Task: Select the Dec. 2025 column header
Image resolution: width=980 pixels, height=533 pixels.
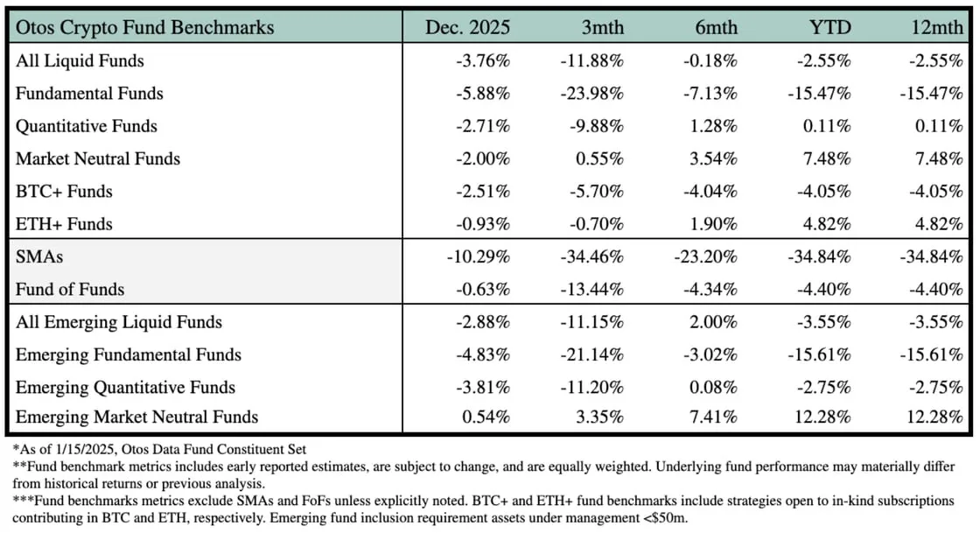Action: point(468,27)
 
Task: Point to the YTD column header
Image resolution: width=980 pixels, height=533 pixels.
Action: point(829,27)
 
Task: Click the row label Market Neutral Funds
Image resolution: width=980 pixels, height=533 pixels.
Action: point(98,158)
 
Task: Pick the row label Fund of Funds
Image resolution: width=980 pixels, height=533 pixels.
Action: point(70,289)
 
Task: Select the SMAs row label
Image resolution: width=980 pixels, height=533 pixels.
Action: point(38,256)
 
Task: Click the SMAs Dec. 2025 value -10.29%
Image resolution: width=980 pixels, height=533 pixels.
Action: point(479,256)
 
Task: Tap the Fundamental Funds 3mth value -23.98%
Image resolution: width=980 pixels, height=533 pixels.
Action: point(592,94)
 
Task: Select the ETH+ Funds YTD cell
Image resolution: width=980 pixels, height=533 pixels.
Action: point(827,224)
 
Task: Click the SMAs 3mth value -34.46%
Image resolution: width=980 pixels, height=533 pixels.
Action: point(592,256)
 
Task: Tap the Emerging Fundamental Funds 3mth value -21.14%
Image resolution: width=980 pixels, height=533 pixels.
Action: point(592,354)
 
